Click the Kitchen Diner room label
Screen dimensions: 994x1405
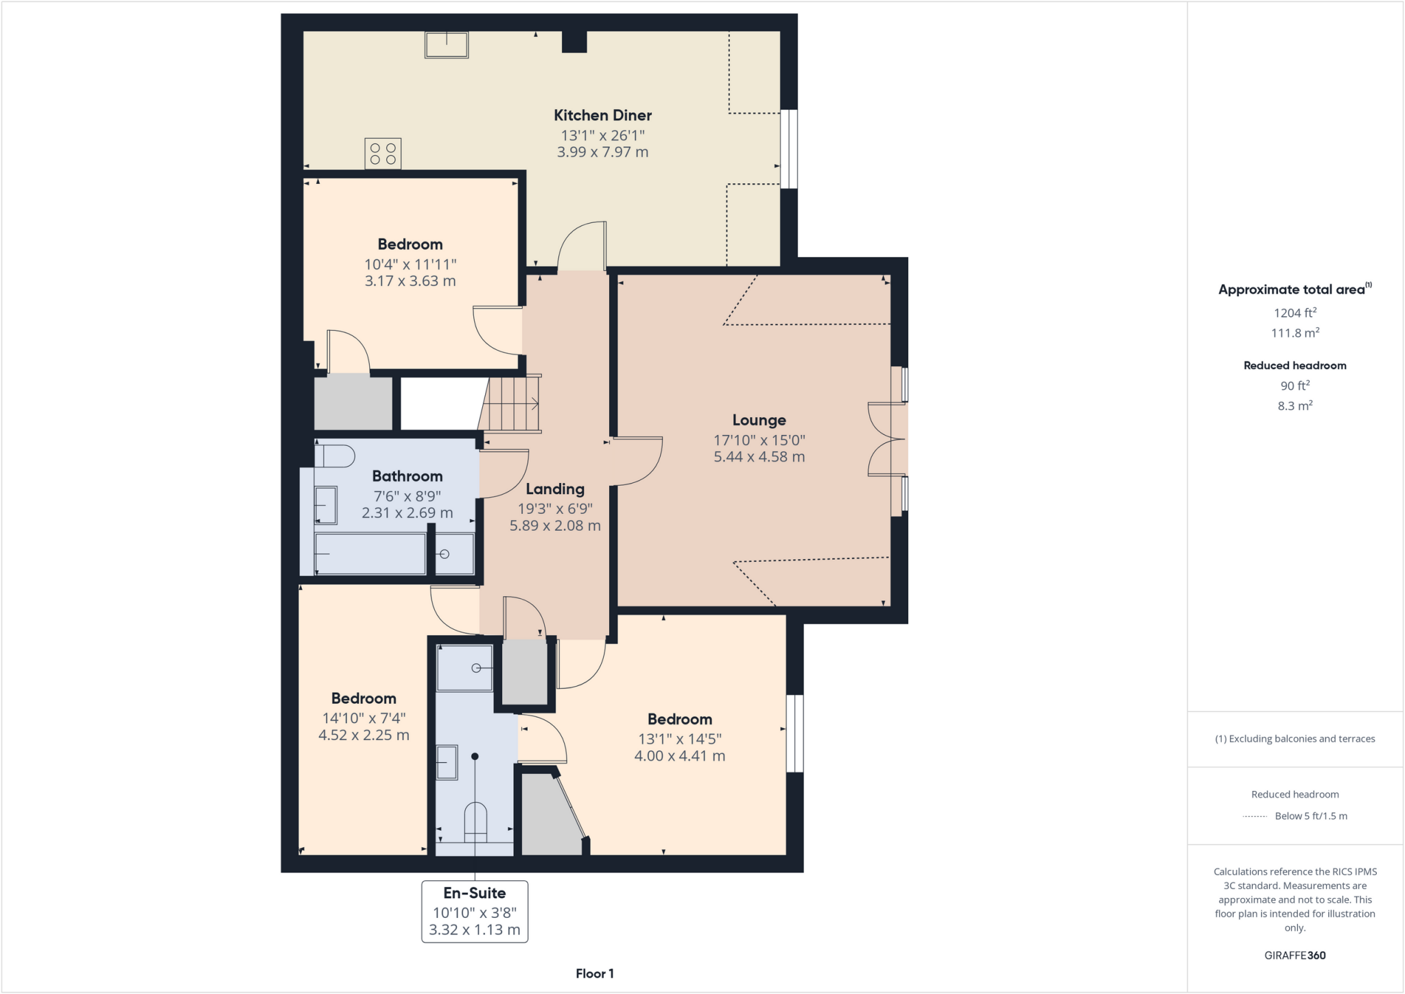click(x=602, y=115)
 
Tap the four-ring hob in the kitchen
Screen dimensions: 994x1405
click(x=383, y=153)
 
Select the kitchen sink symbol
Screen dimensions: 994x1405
click(x=447, y=45)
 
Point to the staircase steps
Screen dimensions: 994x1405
click(x=512, y=404)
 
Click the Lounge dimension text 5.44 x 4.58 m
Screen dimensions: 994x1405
click(x=759, y=457)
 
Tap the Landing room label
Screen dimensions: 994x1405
click(x=555, y=489)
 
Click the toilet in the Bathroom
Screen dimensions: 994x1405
click(x=335, y=456)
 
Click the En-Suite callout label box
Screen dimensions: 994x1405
click(x=474, y=912)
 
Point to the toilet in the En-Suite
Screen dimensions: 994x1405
click(x=475, y=822)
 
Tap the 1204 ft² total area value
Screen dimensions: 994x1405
click(x=1295, y=313)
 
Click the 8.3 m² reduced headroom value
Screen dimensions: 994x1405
click(x=1295, y=406)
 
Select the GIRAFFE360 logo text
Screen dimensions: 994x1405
click(x=1295, y=956)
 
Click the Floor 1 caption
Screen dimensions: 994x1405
click(x=594, y=973)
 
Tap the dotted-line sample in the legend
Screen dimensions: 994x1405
click(x=1255, y=816)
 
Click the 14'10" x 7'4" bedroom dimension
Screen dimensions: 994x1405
click(x=364, y=718)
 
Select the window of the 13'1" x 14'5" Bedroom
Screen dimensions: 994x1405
click(x=794, y=733)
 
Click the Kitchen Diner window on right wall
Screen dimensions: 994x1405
click(x=790, y=148)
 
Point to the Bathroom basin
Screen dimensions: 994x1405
click(x=326, y=505)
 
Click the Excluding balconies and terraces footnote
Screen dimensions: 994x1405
click(x=1295, y=739)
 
